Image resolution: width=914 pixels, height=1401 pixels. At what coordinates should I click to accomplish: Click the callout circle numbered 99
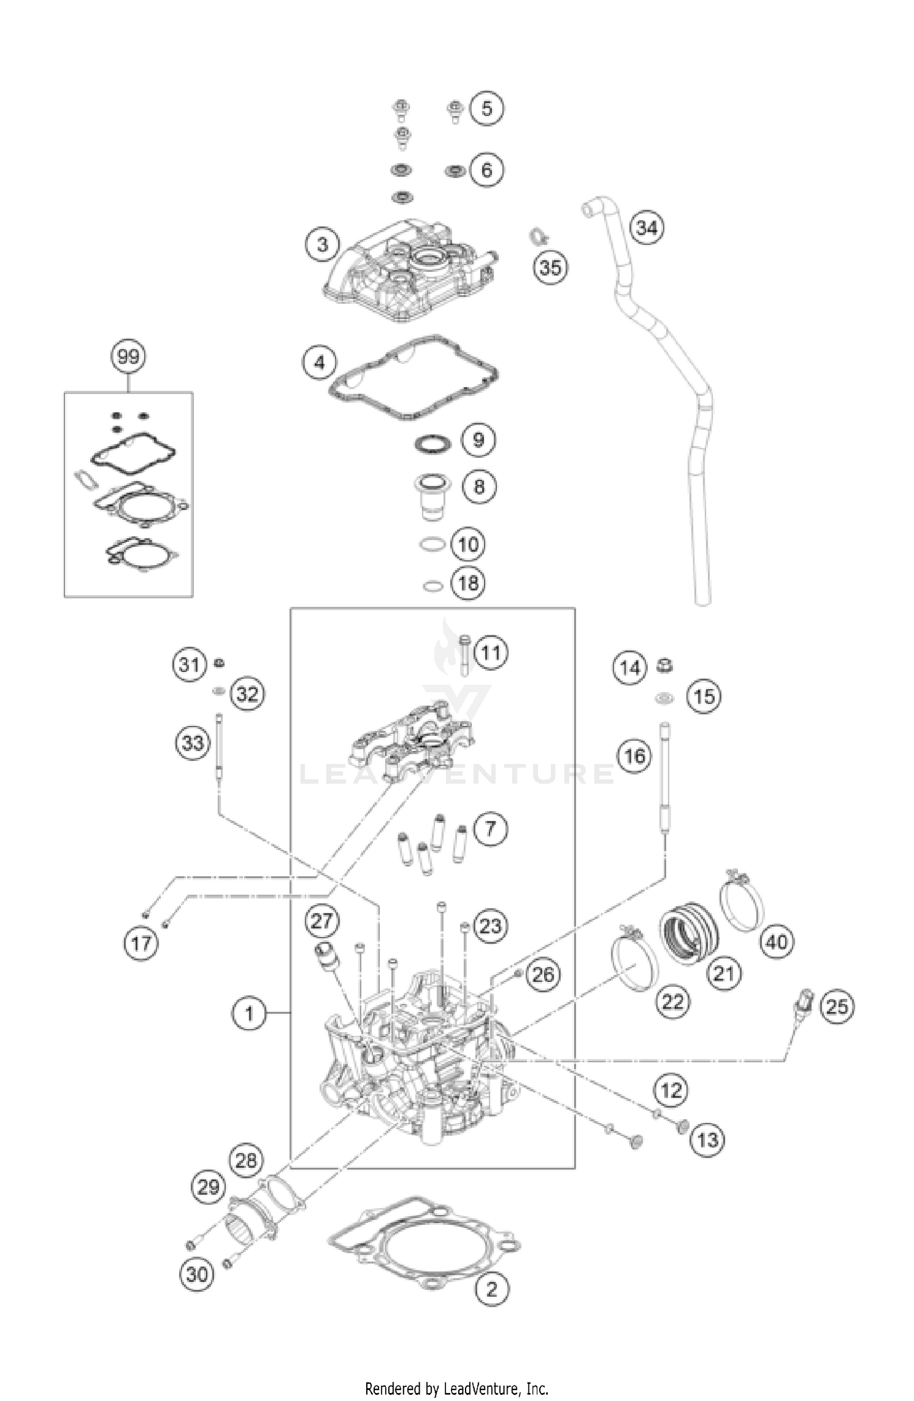129,356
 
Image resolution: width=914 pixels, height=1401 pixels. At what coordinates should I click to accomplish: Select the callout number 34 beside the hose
647,227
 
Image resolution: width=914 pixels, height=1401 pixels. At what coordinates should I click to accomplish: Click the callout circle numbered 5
486,109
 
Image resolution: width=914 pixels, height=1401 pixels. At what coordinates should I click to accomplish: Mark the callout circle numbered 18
468,583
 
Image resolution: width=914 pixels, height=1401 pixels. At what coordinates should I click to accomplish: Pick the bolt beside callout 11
465,655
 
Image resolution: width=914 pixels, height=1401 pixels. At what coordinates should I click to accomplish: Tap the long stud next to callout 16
665,774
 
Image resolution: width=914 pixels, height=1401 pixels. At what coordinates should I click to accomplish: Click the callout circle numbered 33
193,743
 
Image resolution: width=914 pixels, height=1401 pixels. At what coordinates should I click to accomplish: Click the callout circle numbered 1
249,1013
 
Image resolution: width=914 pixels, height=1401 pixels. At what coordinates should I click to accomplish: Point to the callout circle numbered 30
196,1274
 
